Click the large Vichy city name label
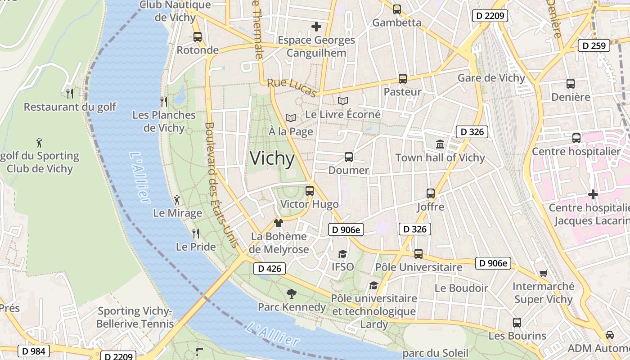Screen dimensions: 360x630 click(x=272, y=158)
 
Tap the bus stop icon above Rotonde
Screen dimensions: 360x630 click(x=197, y=37)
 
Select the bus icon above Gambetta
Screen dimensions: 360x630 click(x=396, y=9)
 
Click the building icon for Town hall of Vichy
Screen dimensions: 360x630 click(x=440, y=144)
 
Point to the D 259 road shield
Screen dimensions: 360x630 click(x=594, y=45)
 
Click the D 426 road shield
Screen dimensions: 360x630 click(x=270, y=269)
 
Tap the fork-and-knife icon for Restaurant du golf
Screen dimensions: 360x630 click(x=70, y=94)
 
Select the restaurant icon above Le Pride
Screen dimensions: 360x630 click(x=196, y=234)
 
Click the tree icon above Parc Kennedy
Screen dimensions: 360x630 click(x=291, y=294)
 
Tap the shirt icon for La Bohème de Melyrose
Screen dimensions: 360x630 click(x=279, y=223)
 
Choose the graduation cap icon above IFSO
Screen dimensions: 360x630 click(x=342, y=254)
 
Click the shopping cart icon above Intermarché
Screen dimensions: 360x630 click(x=544, y=273)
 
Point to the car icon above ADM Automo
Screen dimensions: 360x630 click(x=609, y=335)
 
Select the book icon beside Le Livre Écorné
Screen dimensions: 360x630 click(x=343, y=101)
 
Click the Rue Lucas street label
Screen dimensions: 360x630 click(x=292, y=88)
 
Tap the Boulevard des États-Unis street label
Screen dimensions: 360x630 click(x=221, y=184)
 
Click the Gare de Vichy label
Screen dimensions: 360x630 click(x=491, y=78)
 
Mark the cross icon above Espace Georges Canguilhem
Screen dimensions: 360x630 click(x=316, y=27)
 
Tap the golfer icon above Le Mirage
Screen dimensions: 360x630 click(x=177, y=199)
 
